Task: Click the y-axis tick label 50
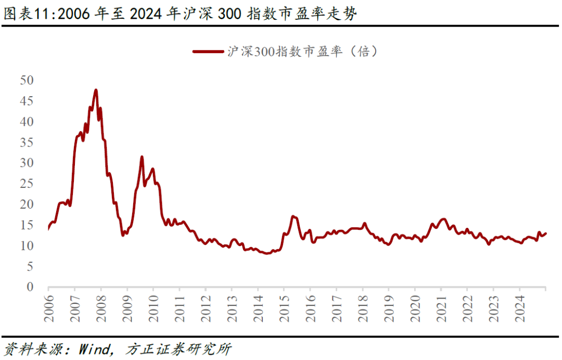coord(26,80)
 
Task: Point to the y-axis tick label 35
coord(26,142)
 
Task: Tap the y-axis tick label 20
coord(26,204)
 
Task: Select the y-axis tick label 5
coord(30,266)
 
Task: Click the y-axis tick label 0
coord(30,287)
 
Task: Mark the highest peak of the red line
coord(96,90)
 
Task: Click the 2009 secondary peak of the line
coord(142,157)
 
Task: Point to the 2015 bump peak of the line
coord(293,216)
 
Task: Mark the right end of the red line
coord(545,233)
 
